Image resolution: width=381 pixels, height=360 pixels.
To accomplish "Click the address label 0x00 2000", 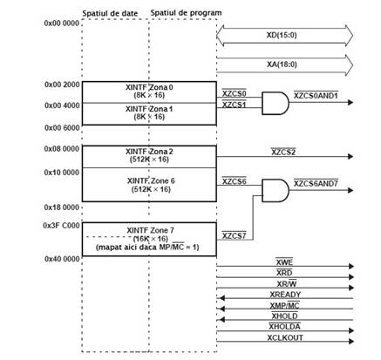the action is coord(62,85).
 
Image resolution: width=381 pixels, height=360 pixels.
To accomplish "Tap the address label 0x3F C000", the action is coord(61,226).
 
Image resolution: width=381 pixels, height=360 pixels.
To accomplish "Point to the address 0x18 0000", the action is coord(62,207).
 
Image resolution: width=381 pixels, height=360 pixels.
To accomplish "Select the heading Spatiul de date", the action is coord(110,13).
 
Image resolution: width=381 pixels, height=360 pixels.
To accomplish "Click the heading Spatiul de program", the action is coord(186,13).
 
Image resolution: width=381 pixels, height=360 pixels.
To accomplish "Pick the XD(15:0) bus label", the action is coord(282,35).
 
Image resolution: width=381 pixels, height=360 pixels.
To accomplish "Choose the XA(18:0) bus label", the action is coord(282,65).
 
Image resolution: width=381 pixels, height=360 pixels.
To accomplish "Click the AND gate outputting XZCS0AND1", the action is coord(276,103).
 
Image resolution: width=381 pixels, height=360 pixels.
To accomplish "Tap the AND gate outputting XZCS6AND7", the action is coord(276,190).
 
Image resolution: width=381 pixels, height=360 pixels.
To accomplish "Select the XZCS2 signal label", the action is coord(283,152).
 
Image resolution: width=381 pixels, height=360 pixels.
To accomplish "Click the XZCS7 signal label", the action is coord(235,235).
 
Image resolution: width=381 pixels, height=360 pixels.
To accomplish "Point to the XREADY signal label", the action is coord(285,295).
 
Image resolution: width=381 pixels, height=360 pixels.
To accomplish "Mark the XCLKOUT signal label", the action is coord(285,337).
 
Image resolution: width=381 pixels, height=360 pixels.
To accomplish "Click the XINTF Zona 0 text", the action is coord(149,87).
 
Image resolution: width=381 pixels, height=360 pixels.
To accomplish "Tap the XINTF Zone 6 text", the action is coord(151,180).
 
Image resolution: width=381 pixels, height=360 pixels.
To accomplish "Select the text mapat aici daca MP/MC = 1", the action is coord(147,248).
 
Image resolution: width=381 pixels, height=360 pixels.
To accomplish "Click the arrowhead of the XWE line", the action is coord(351,266).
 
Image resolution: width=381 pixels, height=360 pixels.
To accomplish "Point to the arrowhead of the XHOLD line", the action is coord(222,320).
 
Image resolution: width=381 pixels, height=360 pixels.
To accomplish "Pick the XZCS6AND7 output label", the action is coord(316,184).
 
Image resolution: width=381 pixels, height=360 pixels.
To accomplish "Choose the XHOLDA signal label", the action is coord(284,327).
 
